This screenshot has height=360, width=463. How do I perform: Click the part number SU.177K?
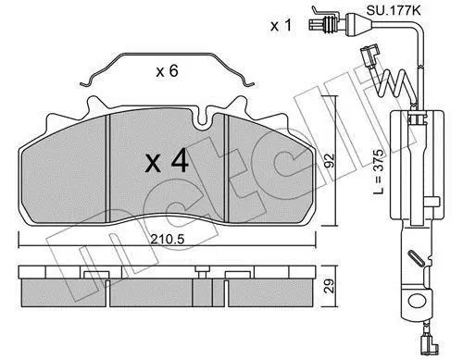tap(393, 11)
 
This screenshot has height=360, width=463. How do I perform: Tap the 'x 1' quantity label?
tap(281, 26)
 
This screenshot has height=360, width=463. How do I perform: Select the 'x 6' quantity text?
tap(167, 71)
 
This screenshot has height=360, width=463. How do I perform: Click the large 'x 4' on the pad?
tap(167, 161)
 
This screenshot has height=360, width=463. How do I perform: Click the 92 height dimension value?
tap(330, 160)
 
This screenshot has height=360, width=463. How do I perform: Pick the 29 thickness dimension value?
tap(330, 286)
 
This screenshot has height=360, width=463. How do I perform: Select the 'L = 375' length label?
tap(378, 171)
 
